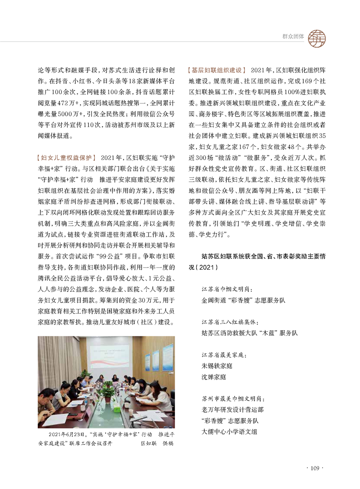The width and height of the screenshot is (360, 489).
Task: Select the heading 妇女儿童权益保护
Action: tap(65, 158)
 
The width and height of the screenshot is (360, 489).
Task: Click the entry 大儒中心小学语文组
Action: tap(230, 431)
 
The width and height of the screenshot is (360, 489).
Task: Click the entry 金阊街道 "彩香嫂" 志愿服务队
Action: tap(243, 300)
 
